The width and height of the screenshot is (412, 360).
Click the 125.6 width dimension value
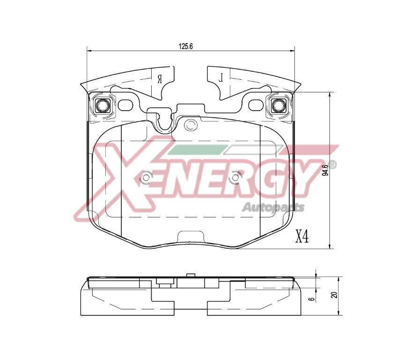coord(186,46)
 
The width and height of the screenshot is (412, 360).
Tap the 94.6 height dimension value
coord(325,170)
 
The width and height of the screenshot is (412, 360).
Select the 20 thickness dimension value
coord(334,295)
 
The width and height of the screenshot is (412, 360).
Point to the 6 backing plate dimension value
coord(312,299)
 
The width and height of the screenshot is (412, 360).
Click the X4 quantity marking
coord(302,236)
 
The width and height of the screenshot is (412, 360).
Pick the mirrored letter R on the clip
coord(160,79)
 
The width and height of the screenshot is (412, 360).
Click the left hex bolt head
coord(102,105)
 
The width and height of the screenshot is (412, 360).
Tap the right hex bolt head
coord(278,105)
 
